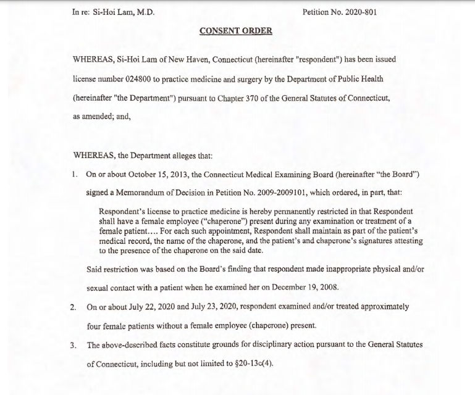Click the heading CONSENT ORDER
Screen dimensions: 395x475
coord(237,31)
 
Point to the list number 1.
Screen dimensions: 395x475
coord(74,174)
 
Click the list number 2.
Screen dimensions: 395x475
coord(74,306)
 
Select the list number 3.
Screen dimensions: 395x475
coord(74,344)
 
